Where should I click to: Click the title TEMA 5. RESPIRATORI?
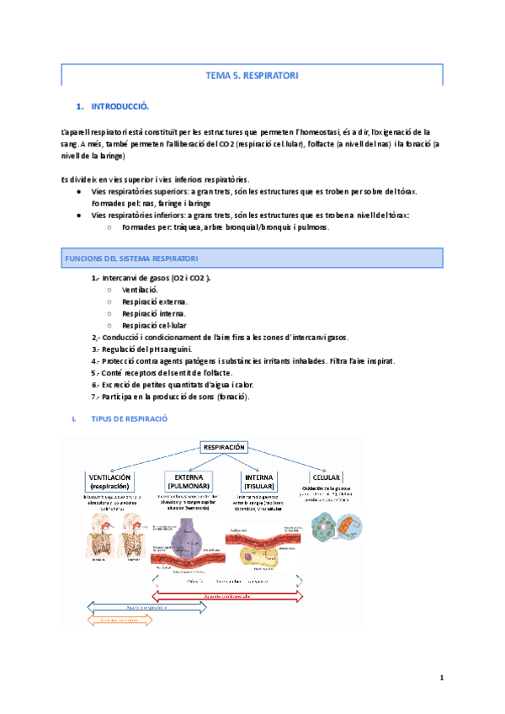(252, 76)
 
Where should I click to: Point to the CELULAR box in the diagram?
(327, 476)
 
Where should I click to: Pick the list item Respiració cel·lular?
(154, 325)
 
